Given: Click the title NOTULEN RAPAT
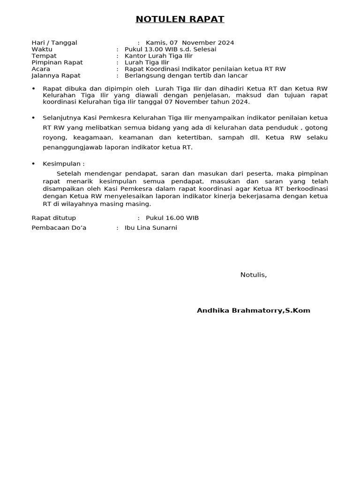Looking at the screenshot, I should click(180, 19).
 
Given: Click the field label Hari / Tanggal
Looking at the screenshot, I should click(54, 43).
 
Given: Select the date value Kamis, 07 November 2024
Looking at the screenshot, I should click(190, 43).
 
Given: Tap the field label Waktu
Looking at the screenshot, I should click(41, 49).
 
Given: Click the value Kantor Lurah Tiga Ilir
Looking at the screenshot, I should click(158, 56).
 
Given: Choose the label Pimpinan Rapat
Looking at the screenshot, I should click(57, 62).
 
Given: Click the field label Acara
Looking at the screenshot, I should click(41, 69).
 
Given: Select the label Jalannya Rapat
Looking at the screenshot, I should click(56, 75).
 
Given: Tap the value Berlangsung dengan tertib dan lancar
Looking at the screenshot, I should click(186, 75).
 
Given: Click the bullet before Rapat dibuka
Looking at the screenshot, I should click(33, 89).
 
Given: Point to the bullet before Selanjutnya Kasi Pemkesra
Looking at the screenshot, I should click(33, 118).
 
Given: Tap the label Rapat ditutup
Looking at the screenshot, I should click(53, 218).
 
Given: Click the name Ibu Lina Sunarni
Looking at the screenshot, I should click(151, 228).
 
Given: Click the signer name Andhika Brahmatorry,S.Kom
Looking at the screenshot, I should click(254, 310).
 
